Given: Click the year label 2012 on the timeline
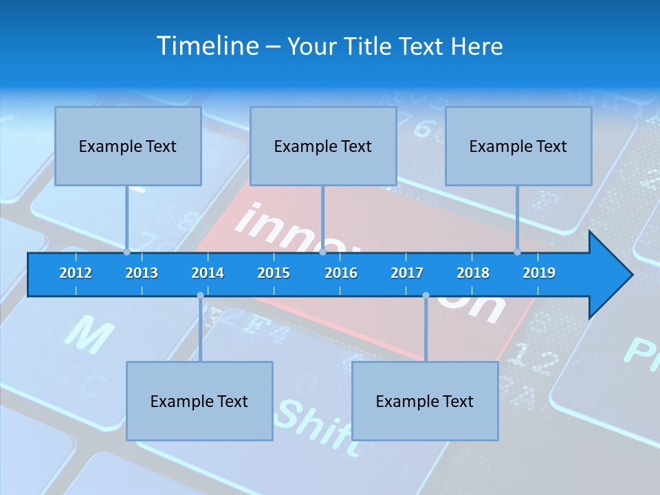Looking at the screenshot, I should pyautogui.click(x=76, y=273).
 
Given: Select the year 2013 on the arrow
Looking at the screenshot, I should pyautogui.click(x=142, y=273).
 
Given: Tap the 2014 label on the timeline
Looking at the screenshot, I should pyautogui.click(x=208, y=273).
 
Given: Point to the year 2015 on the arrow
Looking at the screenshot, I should pyautogui.click(x=274, y=273).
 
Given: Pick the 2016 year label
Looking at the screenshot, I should pyautogui.click(x=341, y=273).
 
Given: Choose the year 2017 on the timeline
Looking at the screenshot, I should pyautogui.click(x=407, y=273).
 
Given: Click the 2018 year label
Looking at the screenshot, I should pyautogui.click(x=473, y=273).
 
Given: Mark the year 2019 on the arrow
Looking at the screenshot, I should pyautogui.click(x=539, y=273).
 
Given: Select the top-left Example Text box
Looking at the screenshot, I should pyautogui.click(x=128, y=146).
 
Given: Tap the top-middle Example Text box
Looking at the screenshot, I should pyautogui.click(x=323, y=146).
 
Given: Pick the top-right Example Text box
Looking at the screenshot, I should pyautogui.click(x=518, y=146).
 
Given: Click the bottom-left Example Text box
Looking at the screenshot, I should pyautogui.click(x=199, y=401).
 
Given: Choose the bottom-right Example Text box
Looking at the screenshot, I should pyautogui.click(x=425, y=401).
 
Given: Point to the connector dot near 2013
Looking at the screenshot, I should pyautogui.click(x=126, y=252).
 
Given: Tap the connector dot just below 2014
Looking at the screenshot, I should pyautogui.click(x=200, y=296).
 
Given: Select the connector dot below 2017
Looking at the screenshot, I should pyautogui.click(x=426, y=296).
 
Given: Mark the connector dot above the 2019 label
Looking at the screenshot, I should pyautogui.click(x=517, y=252).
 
